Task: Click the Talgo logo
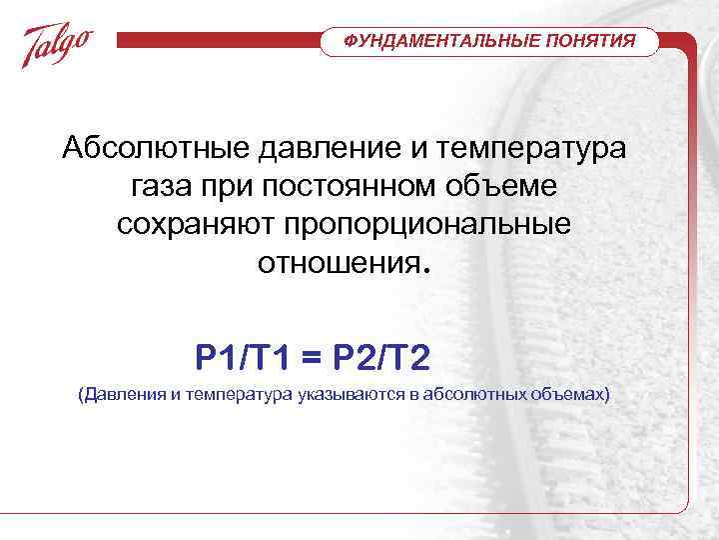[58, 45]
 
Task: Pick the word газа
[163, 187]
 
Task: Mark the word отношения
[341, 262]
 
